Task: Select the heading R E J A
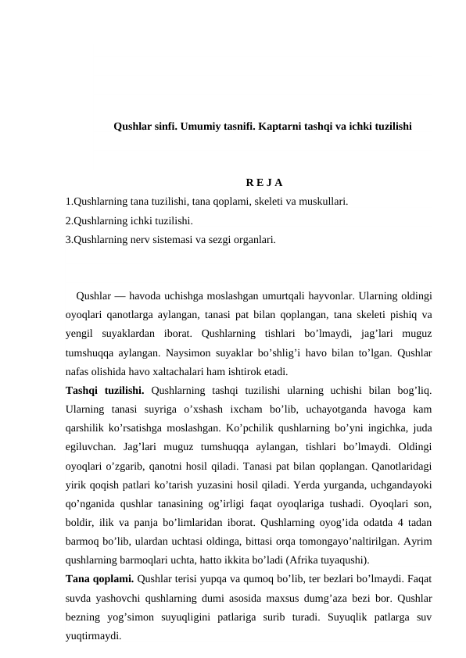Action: (247, 183)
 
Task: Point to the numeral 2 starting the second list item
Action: (68, 220)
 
